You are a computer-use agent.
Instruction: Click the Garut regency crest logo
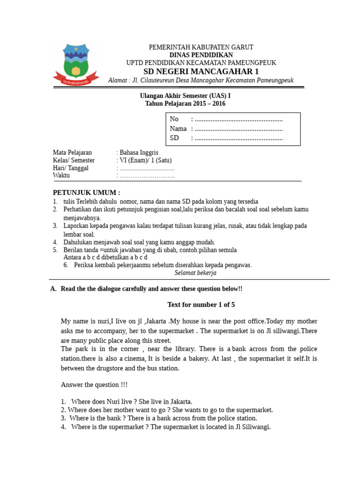pyautogui.click(x=75, y=64)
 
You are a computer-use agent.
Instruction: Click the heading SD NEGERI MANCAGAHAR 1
pyautogui.click(x=201, y=71)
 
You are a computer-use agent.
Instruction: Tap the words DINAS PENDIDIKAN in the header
pyautogui.click(x=201, y=55)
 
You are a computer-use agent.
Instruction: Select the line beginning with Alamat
pyautogui.click(x=201, y=80)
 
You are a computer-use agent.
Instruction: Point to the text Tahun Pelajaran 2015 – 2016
pyautogui.click(x=185, y=104)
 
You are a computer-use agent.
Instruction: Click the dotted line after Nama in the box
pyautogui.click(x=239, y=128)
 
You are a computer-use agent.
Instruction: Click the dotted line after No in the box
pyautogui.click(x=239, y=119)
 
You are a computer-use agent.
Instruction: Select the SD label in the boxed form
pyautogui.click(x=174, y=138)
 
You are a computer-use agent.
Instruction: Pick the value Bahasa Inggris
pyautogui.click(x=139, y=152)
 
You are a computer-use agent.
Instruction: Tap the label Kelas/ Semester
pyautogui.click(x=74, y=160)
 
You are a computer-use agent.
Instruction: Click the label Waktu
pyautogui.click(x=61, y=175)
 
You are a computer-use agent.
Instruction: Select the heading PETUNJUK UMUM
pyautogui.click(x=86, y=193)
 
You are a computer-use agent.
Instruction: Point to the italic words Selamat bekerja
pyautogui.click(x=195, y=272)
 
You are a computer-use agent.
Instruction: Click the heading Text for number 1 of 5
pyautogui.click(x=201, y=305)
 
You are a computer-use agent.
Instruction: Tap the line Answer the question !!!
pyautogui.click(x=94, y=384)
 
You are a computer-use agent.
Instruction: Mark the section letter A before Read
pyautogui.click(x=52, y=289)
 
